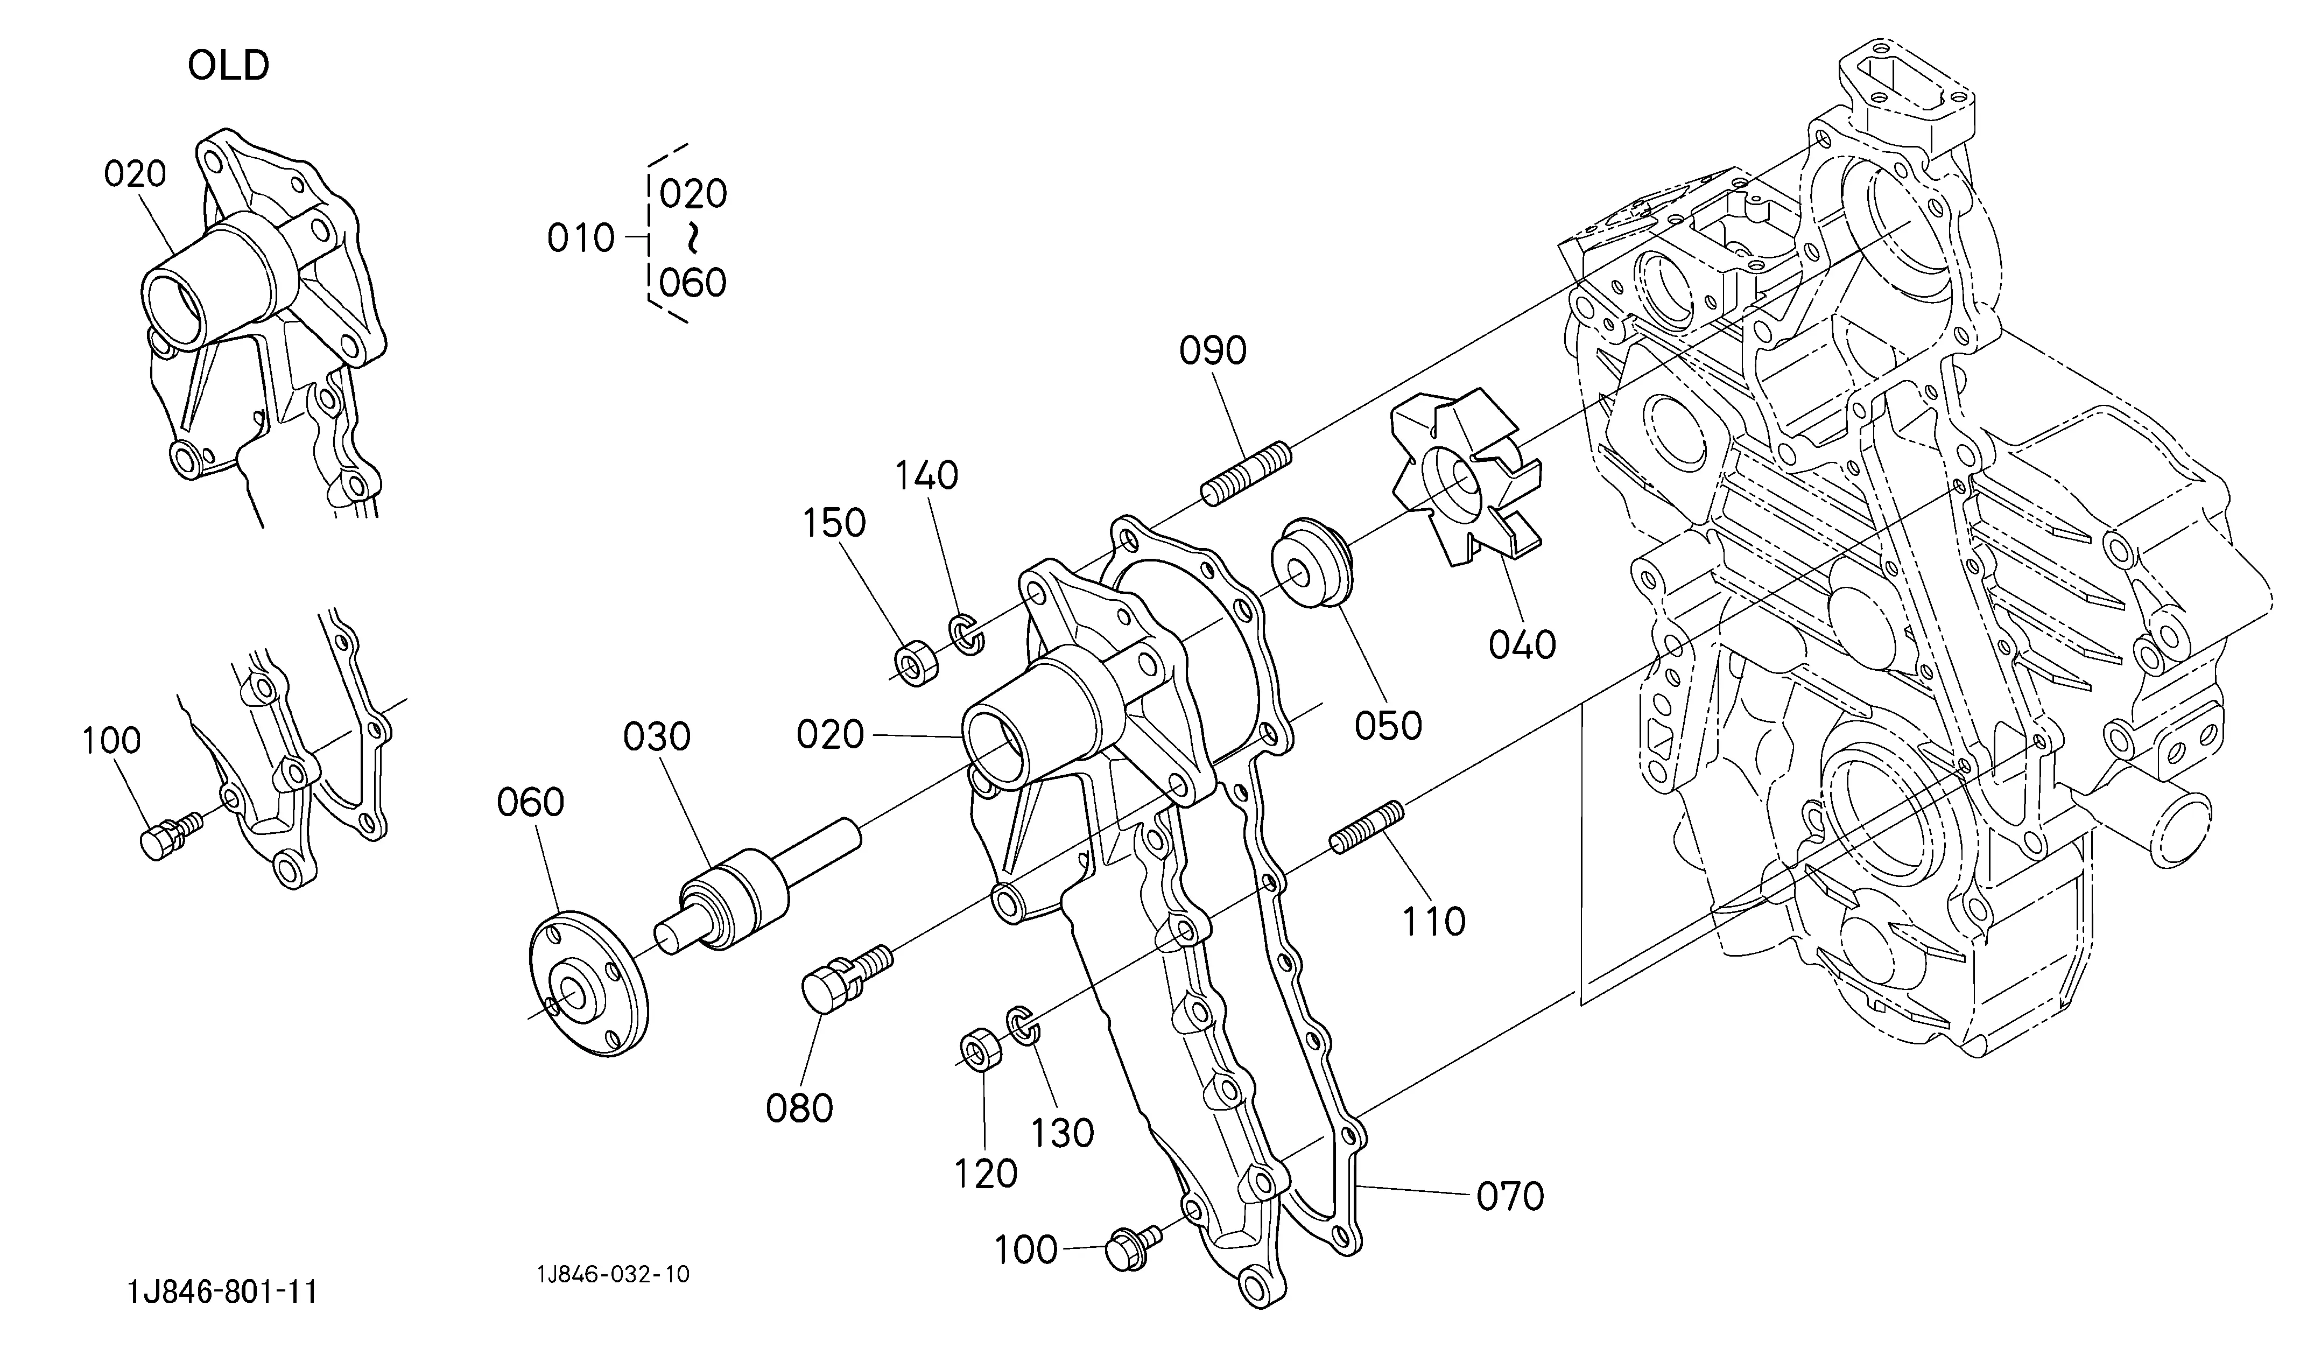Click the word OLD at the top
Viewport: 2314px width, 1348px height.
point(229,66)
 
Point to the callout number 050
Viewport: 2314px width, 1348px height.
point(1388,726)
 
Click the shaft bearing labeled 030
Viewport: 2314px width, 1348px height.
point(757,886)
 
